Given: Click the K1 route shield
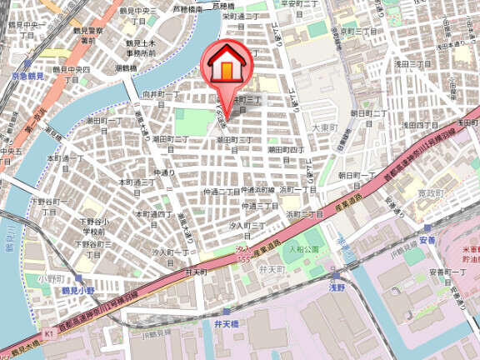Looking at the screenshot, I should coord(48,333).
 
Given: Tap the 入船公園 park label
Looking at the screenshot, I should coord(305,249).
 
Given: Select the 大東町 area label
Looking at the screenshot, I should coord(322,127).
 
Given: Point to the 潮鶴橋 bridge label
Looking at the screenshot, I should coord(127,67).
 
